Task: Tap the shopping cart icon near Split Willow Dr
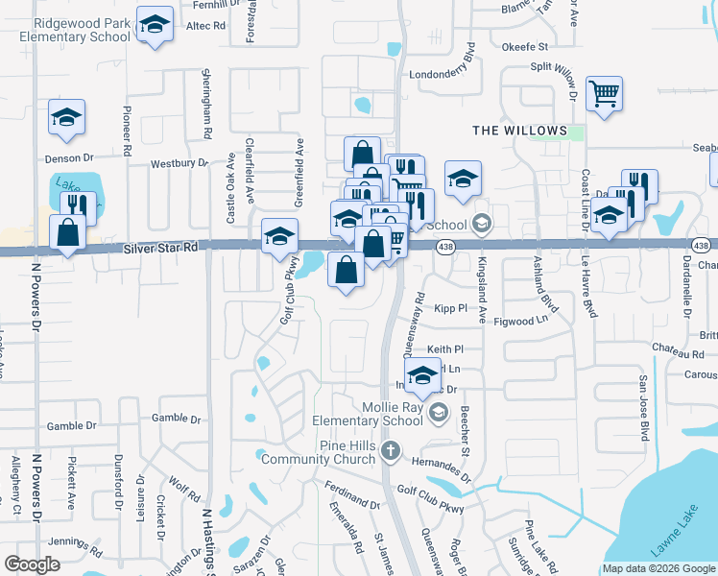[605, 95]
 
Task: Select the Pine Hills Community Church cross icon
[391, 450]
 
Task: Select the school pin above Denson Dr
[67, 118]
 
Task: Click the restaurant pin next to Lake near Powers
[78, 205]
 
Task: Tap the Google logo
[32, 564]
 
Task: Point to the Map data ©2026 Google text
[658, 568]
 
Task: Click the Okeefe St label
[523, 46]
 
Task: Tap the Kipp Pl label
[449, 308]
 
